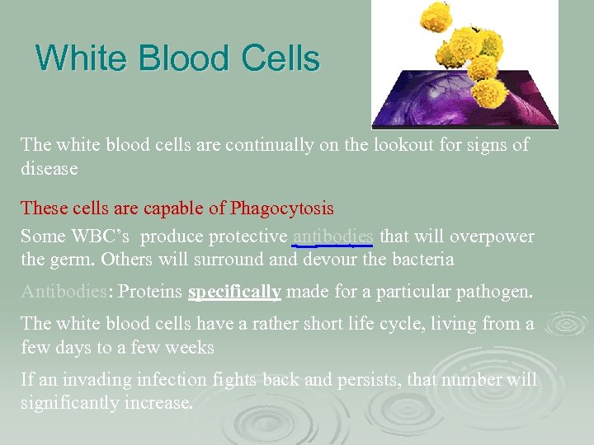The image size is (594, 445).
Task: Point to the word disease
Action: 49,169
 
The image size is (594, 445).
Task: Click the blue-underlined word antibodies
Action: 332,237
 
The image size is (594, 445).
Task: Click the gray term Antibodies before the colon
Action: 63,293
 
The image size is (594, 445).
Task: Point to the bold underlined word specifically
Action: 234,293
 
